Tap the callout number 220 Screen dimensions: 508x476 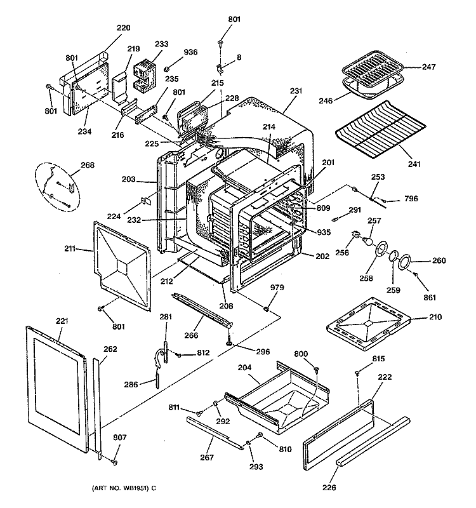pos(124,28)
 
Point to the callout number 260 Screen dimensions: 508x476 pos(439,261)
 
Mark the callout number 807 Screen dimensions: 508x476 pos(102,438)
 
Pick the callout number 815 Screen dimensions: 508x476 pos(378,359)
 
